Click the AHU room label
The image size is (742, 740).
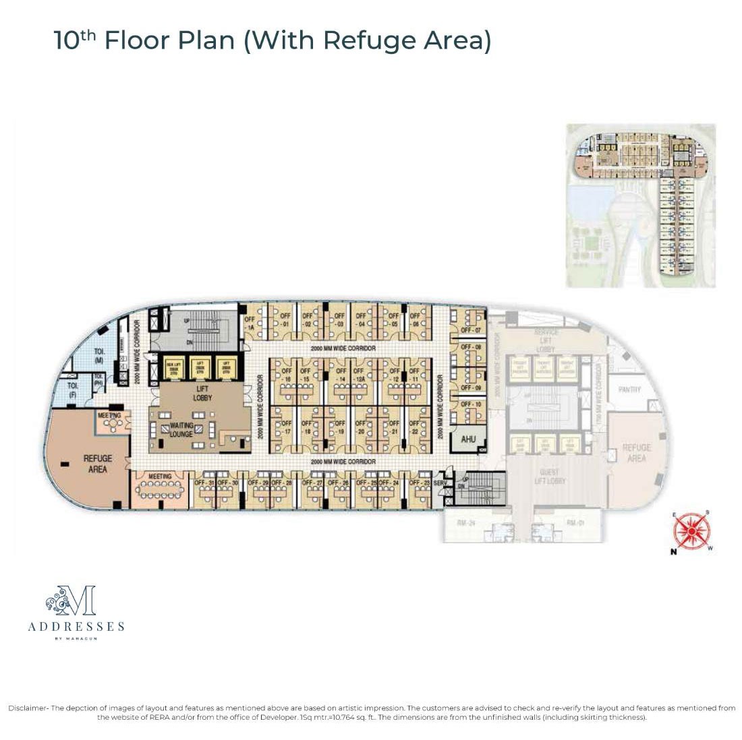[x=468, y=439]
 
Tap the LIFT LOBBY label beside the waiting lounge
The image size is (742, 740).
[x=202, y=393]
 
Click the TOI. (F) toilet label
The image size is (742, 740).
[x=72, y=390]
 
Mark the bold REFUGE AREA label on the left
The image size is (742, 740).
[x=98, y=464]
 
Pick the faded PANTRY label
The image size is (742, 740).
[x=629, y=390]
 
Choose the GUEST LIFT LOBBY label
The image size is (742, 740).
[x=552, y=476]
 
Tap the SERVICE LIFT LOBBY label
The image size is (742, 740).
[x=545, y=341]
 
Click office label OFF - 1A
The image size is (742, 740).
[x=250, y=322]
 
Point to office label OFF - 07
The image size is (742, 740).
[x=471, y=331]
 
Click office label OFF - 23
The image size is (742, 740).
[x=420, y=483]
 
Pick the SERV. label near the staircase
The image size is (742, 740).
[x=440, y=483]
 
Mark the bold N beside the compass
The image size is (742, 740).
[x=673, y=551]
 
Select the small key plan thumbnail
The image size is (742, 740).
[x=640, y=206]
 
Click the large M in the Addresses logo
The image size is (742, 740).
[x=79, y=601]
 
